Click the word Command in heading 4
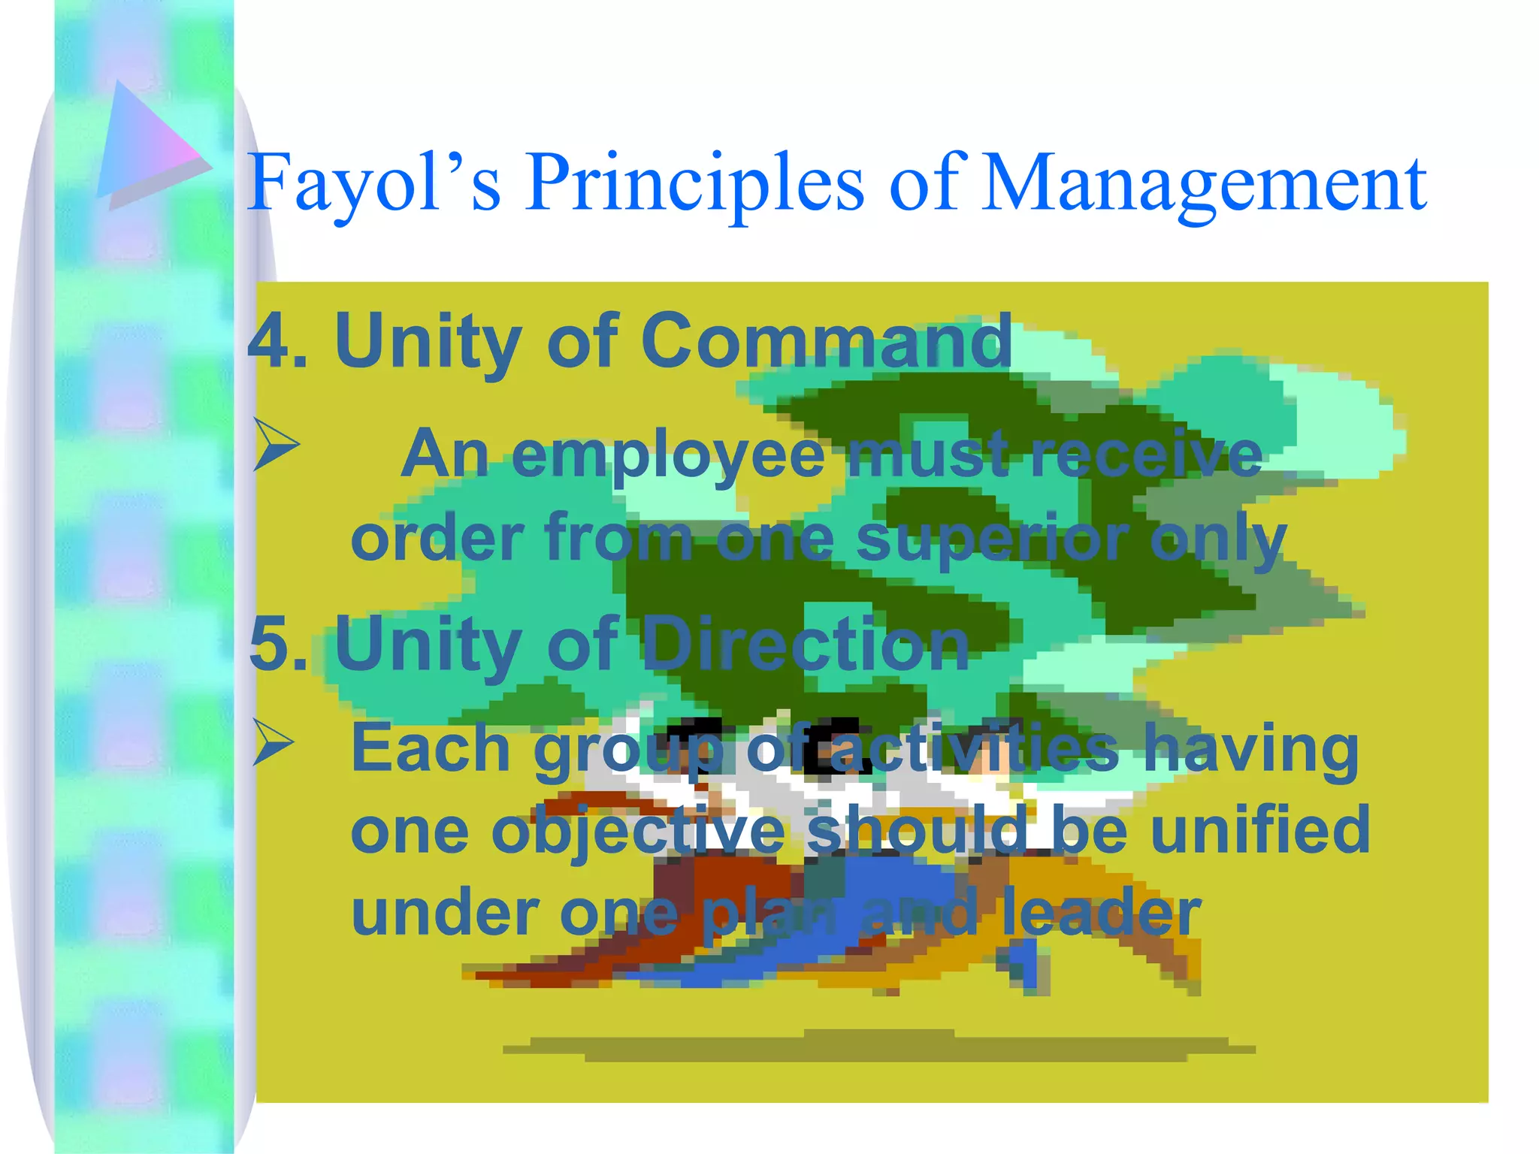pyautogui.click(x=826, y=342)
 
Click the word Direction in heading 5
pyautogui.click(x=804, y=644)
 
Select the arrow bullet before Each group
pyautogui.click(x=273, y=742)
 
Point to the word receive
pyautogui.click(x=1147, y=455)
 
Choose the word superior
pyautogui.click(x=993, y=538)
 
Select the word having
pyautogui.click(x=1251, y=749)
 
